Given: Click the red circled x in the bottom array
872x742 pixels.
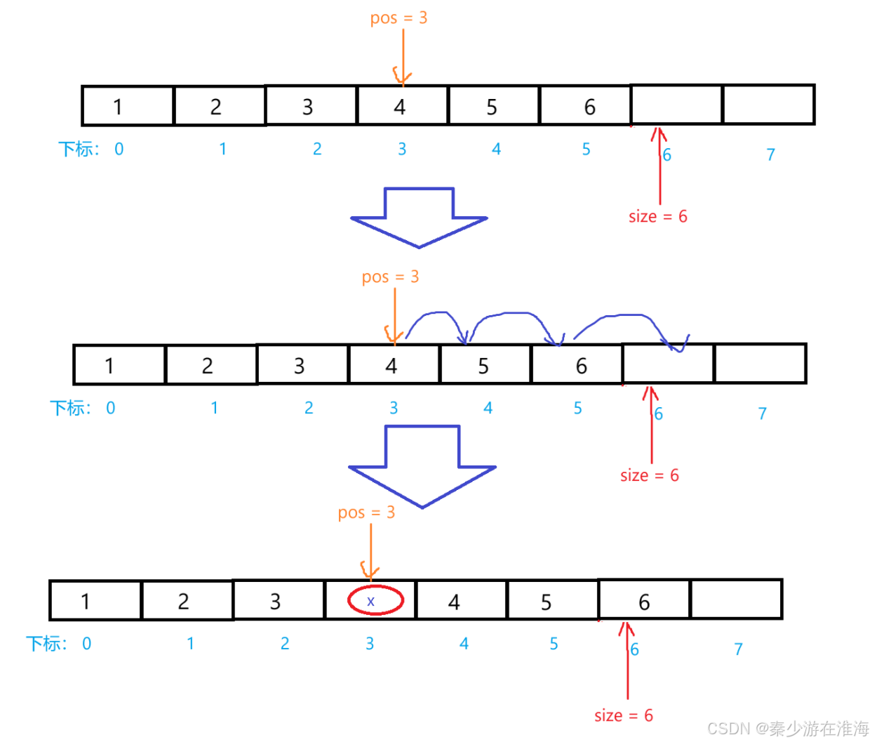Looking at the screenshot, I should [x=375, y=601].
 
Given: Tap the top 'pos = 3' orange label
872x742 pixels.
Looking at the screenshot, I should [x=398, y=18].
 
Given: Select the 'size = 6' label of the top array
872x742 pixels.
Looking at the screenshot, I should [x=657, y=216].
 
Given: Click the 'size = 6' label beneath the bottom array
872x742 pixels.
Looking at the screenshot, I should [x=623, y=715].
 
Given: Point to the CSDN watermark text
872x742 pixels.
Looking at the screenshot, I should [x=788, y=729].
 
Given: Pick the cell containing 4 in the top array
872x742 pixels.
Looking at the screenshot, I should [x=402, y=106].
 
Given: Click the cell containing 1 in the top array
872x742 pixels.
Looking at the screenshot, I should [x=128, y=106].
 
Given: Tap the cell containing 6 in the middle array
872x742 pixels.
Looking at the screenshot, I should [x=577, y=365].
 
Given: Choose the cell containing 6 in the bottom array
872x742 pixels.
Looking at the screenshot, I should [x=644, y=600].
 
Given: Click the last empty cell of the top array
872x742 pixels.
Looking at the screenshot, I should [x=768, y=105].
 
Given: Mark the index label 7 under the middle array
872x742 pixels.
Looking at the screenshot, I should [x=762, y=413].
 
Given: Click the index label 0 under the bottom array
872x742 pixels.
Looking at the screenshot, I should [x=86, y=644].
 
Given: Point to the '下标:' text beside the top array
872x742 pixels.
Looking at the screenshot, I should [x=79, y=149].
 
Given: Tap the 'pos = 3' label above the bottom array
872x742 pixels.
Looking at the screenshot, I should [x=366, y=512].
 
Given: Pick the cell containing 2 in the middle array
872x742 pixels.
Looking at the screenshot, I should [x=211, y=365].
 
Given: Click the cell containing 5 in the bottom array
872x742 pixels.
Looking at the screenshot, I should [x=552, y=601].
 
